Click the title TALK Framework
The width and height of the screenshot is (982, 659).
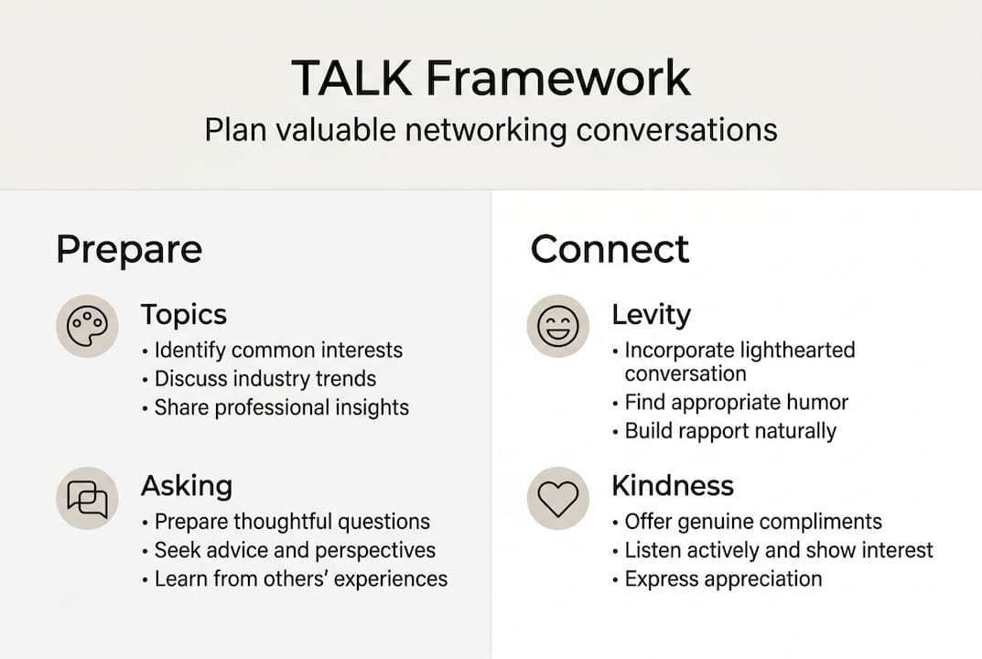coord(491,78)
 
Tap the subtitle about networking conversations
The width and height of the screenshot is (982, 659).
coord(491,130)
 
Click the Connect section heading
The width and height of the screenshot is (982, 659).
coord(610,249)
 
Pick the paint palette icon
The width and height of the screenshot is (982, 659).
coord(87,326)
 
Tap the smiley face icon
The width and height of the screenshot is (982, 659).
coord(558,326)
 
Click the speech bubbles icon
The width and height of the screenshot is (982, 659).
coord(87,498)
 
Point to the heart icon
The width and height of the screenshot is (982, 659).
coord(558,498)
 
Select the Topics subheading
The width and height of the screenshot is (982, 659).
coord(184,315)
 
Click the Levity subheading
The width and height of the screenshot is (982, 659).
coord(652,315)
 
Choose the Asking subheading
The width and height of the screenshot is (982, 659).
coord(187,487)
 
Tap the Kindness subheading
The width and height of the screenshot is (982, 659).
coord(673,485)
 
